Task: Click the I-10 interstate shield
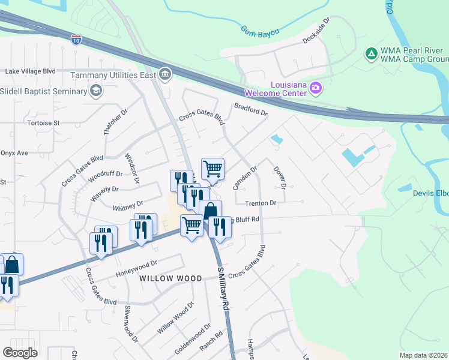click(x=76, y=40)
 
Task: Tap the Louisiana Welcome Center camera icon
click(x=316, y=89)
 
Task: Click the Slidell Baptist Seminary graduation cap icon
click(x=95, y=91)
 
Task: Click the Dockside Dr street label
click(x=316, y=29)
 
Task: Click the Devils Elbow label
click(x=430, y=193)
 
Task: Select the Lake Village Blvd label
click(x=30, y=71)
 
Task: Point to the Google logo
click(x=20, y=353)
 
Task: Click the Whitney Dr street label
click(x=128, y=206)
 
